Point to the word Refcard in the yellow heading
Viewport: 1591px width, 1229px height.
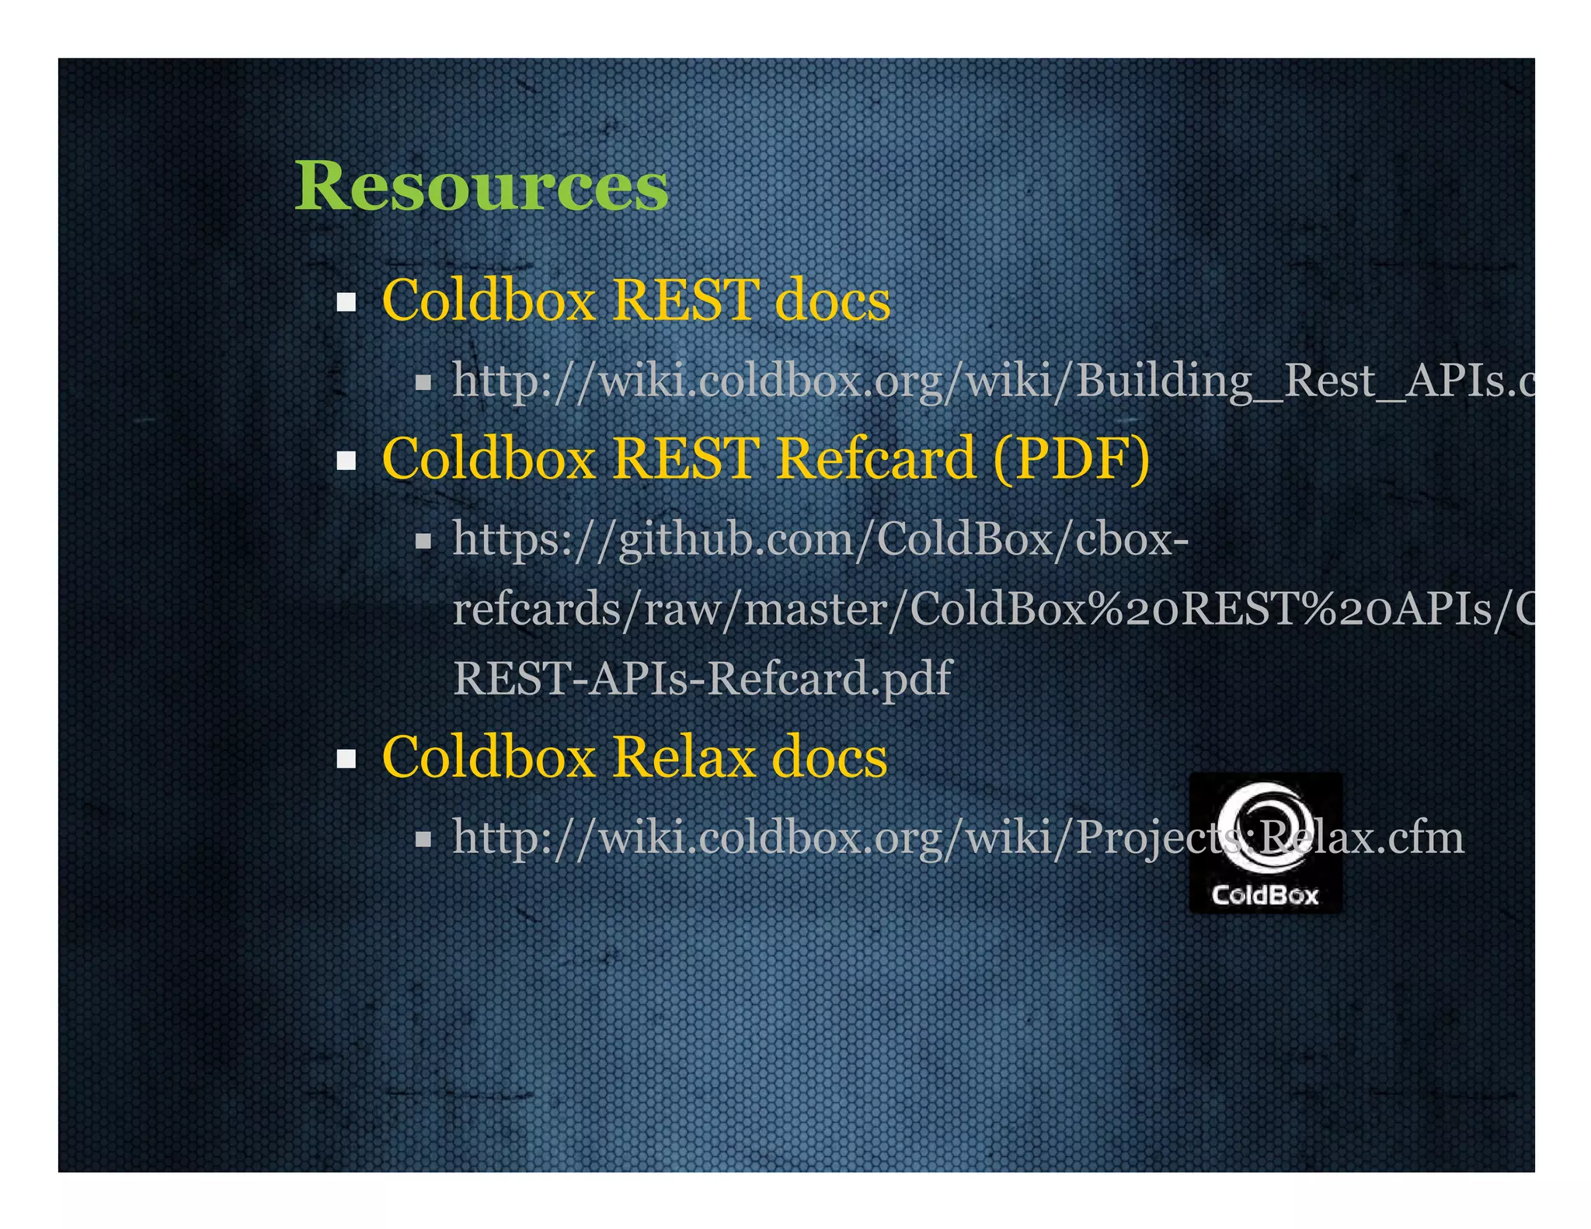coord(876,458)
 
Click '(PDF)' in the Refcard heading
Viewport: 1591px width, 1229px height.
coord(1071,458)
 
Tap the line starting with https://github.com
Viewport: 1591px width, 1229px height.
coord(820,538)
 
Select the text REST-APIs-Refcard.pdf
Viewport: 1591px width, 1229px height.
coord(702,678)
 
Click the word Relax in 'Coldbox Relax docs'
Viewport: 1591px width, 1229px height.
coord(684,757)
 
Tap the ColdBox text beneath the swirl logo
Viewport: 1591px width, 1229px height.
coord(1265,895)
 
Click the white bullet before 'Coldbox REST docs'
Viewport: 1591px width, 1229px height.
coord(346,301)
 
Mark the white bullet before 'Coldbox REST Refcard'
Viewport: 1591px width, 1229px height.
coord(346,460)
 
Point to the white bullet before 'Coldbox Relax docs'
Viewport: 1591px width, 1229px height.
coord(346,758)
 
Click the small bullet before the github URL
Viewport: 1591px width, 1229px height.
coord(423,541)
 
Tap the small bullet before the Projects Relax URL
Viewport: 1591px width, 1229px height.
coord(423,839)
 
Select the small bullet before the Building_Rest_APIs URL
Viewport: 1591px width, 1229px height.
coord(423,382)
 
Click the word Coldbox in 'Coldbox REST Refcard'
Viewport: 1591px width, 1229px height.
coord(489,458)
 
